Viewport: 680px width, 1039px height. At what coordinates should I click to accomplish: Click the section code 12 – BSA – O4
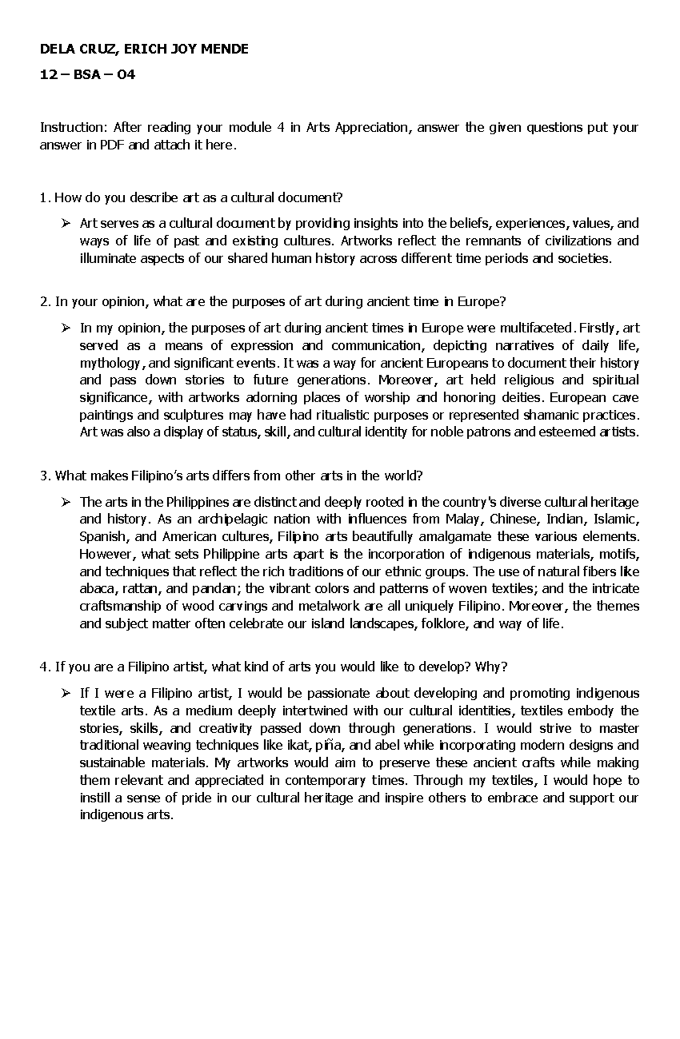pos(87,74)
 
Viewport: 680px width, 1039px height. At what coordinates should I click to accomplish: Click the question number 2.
pos(44,302)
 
